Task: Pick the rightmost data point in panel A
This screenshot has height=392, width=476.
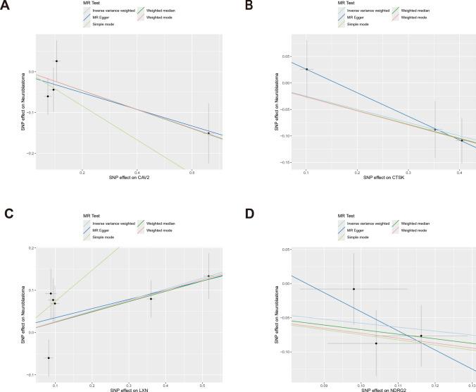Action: pos(208,133)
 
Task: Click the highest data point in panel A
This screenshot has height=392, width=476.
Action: pos(57,61)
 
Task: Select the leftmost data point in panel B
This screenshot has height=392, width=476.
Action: pos(307,69)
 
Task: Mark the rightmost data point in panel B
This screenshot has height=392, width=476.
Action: pos(462,140)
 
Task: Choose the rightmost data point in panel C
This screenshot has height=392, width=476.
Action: pos(208,276)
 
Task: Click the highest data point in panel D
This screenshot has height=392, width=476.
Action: pos(353,289)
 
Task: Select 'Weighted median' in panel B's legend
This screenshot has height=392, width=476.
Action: pos(417,11)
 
